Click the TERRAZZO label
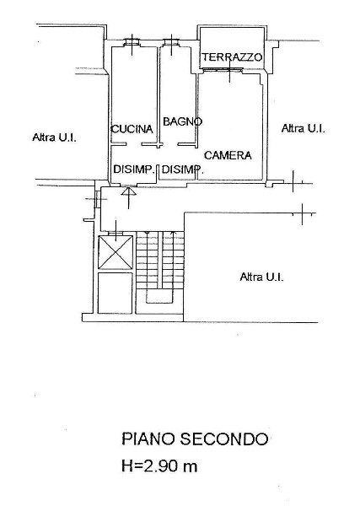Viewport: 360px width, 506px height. click(232, 57)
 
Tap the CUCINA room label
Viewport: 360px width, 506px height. click(132, 129)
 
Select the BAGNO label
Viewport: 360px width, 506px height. click(183, 121)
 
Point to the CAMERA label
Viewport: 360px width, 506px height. click(228, 155)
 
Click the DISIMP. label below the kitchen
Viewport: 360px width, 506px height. click(133, 169)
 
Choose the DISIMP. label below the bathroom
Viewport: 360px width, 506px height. click(183, 170)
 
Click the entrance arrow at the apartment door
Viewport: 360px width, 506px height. click(129, 198)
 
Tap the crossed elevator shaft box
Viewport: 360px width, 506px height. click(116, 252)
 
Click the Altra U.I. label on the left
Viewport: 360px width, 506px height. click(55, 137)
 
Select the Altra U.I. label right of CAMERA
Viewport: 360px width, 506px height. click(304, 128)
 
